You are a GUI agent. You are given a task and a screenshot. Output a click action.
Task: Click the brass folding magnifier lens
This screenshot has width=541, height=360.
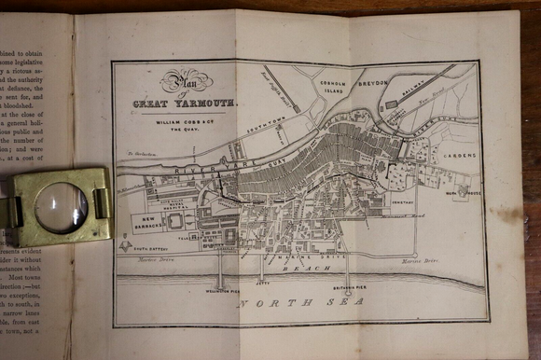click(x=62, y=206)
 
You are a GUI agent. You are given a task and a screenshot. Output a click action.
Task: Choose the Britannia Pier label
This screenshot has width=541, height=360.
click(x=349, y=287)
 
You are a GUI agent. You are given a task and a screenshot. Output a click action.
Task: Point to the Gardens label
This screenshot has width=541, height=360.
click(x=457, y=156)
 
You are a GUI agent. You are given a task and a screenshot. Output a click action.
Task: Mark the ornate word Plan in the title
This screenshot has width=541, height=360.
click(x=183, y=81)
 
